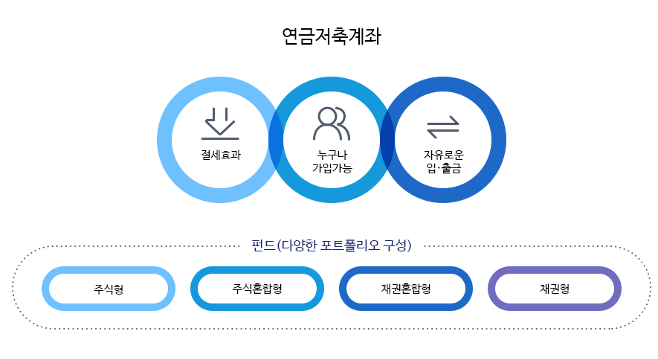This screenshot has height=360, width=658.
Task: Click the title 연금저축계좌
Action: [331, 36]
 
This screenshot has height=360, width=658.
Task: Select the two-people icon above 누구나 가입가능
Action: [331, 123]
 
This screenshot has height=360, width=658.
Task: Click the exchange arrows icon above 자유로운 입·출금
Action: [443, 128]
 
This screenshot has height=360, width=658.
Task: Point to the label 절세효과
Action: [220, 155]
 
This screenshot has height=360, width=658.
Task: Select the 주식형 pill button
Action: [109, 289]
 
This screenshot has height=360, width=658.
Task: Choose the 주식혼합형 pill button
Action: [257, 289]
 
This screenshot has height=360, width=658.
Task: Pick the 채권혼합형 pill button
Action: [406, 289]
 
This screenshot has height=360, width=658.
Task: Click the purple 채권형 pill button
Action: [555, 289]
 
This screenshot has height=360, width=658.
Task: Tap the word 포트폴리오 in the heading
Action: [349, 245]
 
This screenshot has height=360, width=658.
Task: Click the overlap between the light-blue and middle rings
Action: [276, 139]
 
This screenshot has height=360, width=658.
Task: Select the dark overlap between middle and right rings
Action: [387, 139]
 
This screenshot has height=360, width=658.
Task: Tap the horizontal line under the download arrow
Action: [220, 138]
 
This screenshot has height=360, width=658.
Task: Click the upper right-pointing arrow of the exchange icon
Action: [443, 121]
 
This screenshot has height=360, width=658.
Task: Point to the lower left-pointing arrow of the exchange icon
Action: [443, 135]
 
